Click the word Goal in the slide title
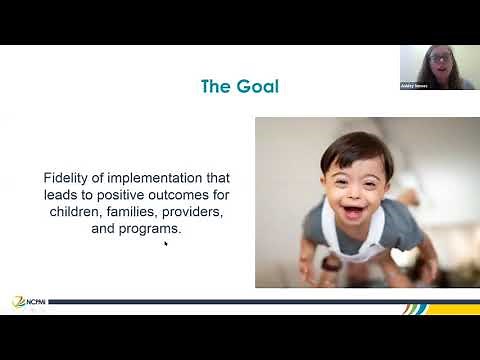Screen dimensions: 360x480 point(255,86)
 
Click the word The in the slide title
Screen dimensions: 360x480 point(216,86)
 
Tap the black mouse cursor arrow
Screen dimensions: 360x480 point(166,243)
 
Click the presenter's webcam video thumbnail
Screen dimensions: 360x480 point(438,67)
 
